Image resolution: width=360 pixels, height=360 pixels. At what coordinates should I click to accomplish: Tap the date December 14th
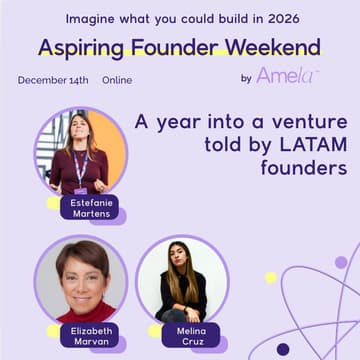51,80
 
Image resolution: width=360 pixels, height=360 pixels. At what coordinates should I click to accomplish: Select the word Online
117,80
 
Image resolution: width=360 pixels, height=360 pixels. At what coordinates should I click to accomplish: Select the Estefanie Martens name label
91,207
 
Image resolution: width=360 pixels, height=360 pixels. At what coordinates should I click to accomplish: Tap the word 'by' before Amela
246,78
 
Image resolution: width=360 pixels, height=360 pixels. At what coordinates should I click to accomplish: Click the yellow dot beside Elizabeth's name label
53,329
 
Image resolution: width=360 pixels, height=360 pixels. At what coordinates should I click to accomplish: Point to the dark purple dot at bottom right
283,349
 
